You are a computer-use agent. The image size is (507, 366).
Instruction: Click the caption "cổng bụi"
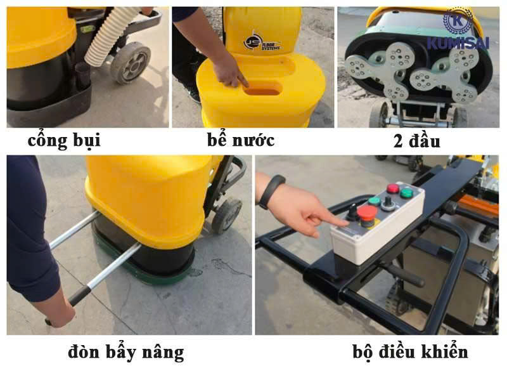[64, 141]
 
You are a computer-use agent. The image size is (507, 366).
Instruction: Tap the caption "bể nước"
[241, 140]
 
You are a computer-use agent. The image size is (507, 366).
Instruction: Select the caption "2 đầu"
[416, 141]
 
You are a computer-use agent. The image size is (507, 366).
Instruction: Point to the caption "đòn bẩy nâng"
[126, 352]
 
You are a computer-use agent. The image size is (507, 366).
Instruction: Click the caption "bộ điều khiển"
[410, 351]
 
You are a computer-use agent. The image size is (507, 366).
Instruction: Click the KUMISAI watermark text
[458, 43]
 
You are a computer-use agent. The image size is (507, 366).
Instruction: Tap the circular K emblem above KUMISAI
[458, 20]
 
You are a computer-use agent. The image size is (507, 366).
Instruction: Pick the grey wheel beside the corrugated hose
[131, 63]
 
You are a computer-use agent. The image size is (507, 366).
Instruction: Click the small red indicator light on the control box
[393, 188]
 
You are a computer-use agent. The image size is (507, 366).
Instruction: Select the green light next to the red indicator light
[406, 193]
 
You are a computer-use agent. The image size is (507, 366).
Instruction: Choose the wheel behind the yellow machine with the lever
[226, 215]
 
